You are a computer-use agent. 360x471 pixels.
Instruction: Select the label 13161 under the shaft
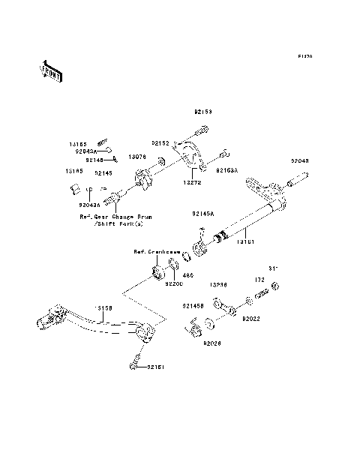[x=247, y=241]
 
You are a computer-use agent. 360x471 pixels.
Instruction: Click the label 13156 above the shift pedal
[x=103, y=307]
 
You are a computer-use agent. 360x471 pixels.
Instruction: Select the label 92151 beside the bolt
[x=155, y=367]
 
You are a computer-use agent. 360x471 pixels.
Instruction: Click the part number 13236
[x=218, y=285]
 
